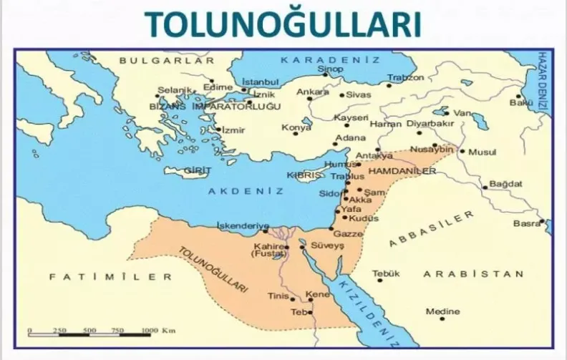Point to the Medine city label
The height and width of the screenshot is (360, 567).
pyautogui.click(x=443, y=311)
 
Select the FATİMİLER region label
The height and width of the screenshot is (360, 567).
pyautogui.click(x=111, y=276)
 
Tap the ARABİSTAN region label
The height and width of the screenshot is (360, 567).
pyautogui.click(x=473, y=273)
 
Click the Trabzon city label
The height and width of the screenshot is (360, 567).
pyautogui.click(x=406, y=77)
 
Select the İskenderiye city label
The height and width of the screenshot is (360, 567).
pyautogui.click(x=243, y=225)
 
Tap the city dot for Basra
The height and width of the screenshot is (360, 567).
pyautogui.click(x=543, y=222)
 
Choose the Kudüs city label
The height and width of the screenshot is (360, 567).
pyautogui.click(x=364, y=218)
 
